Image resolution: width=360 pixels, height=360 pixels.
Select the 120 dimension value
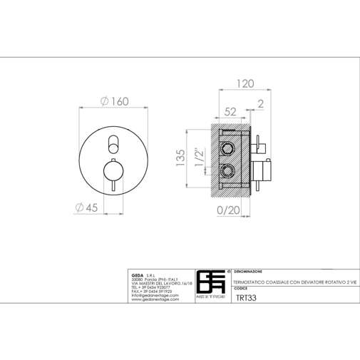(x=245, y=83)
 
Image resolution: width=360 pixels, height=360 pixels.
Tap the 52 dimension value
(x=230, y=111)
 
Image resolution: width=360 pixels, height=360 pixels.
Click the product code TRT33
(x=245, y=300)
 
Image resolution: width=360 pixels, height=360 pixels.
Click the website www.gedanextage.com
(x=153, y=302)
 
